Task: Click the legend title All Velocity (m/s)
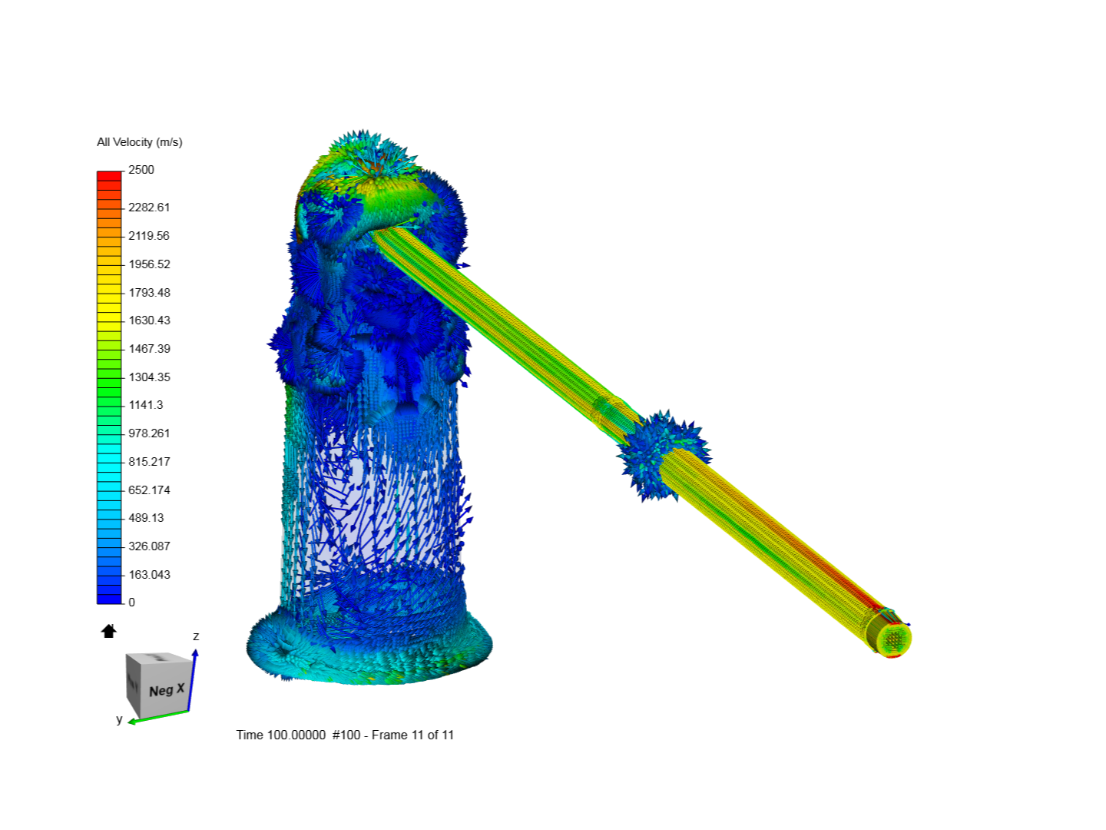point(139,142)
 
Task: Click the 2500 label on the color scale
point(141,170)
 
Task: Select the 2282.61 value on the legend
point(149,207)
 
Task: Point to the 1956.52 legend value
point(149,264)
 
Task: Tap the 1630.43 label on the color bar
point(149,320)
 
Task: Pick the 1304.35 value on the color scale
point(149,377)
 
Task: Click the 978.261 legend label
point(149,433)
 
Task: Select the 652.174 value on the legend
point(149,490)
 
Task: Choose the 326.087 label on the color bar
point(149,546)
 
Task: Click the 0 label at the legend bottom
point(132,603)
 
